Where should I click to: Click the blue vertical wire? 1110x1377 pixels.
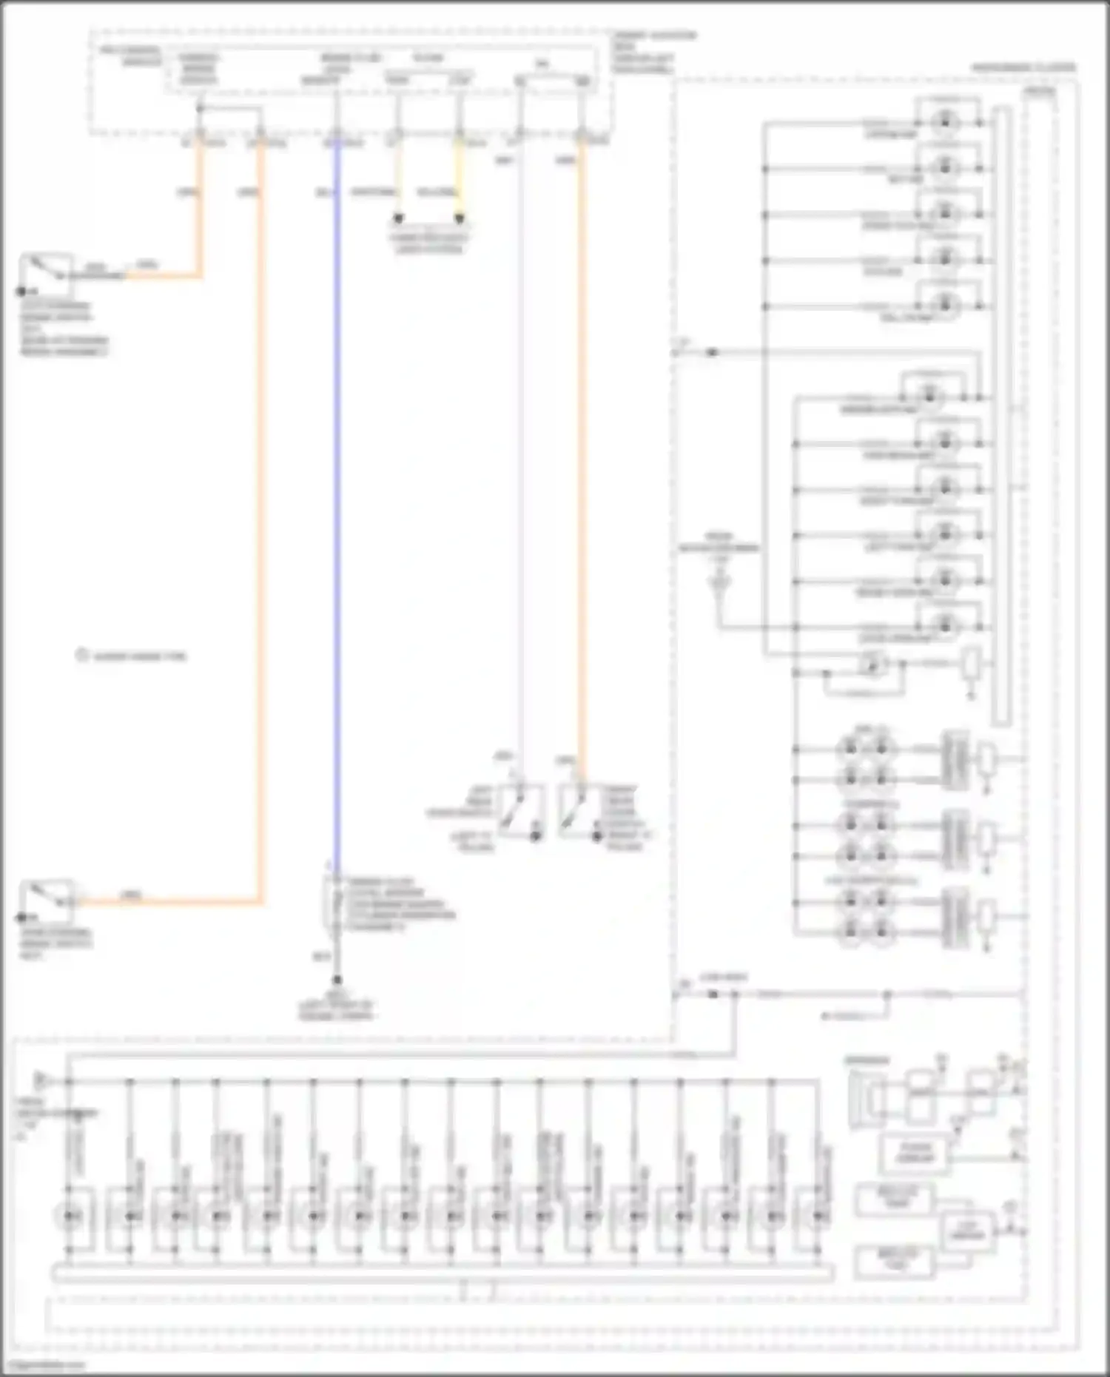pyautogui.click(x=337, y=518)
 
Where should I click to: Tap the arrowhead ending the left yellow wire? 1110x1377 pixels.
pyautogui.click(x=398, y=218)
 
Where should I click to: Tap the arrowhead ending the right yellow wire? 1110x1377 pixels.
pyautogui.click(x=460, y=218)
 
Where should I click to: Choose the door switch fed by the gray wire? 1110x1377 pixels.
pyautogui.click(x=521, y=811)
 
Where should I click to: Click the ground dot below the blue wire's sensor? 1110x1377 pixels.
pyautogui.click(x=337, y=980)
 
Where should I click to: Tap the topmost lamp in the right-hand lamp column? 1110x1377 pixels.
pyautogui.click(x=945, y=122)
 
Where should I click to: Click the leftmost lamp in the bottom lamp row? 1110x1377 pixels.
pyautogui.click(x=70, y=1216)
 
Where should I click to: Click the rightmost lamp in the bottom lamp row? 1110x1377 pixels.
pyautogui.click(x=817, y=1216)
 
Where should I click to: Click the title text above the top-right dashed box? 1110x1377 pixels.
pyautogui.click(x=1023, y=67)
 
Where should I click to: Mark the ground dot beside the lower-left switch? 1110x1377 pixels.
pyautogui.click(x=21, y=918)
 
